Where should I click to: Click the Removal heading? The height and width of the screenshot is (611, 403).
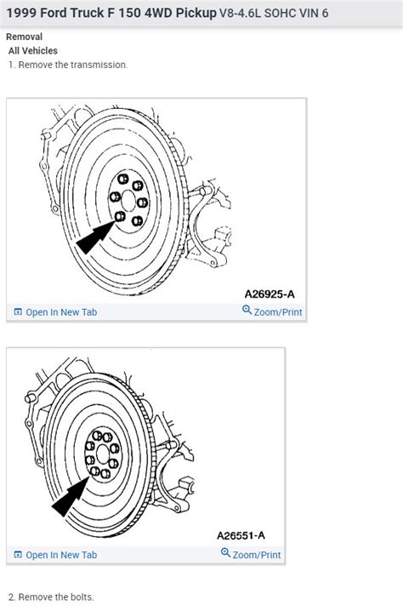click(24, 37)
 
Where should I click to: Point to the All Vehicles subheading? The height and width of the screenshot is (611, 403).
click(33, 51)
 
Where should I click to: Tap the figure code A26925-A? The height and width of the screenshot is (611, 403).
click(270, 294)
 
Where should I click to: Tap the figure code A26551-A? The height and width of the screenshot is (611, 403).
click(241, 536)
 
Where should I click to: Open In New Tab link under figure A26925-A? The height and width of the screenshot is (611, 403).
click(61, 312)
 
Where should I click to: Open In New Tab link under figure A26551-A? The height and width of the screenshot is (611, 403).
click(61, 555)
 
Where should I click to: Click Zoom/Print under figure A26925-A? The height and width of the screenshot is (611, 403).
click(278, 312)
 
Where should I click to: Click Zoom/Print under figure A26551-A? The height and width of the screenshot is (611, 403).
click(257, 555)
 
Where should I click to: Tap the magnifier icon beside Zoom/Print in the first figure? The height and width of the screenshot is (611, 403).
click(247, 311)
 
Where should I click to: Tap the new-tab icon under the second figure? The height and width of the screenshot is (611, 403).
click(18, 555)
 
